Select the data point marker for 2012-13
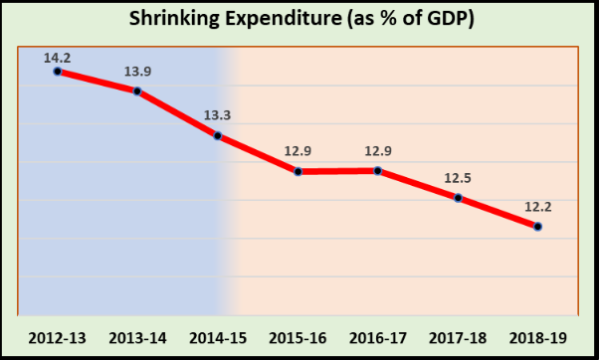tap(58, 71)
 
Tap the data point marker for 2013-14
tap(137, 91)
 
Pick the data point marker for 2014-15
tap(218, 135)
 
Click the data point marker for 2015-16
tap(299, 172)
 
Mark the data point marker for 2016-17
tap(378, 171)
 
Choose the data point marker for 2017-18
tap(458, 198)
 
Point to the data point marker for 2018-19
tap(538, 227)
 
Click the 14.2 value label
tap(58, 57)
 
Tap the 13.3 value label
tap(218, 116)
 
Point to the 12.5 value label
tap(458, 179)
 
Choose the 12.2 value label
tap(538, 208)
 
